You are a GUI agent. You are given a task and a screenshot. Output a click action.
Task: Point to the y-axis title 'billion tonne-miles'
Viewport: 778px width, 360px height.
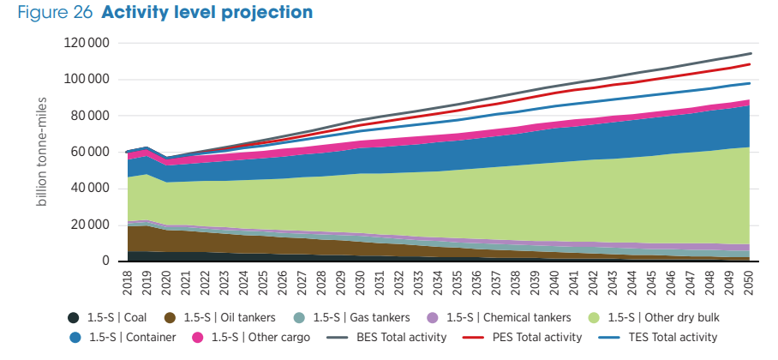(42, 151)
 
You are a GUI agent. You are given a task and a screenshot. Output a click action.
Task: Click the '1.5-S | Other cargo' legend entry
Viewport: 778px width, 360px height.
(260, 338)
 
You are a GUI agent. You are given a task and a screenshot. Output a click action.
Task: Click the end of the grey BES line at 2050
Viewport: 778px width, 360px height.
(750, 53)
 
